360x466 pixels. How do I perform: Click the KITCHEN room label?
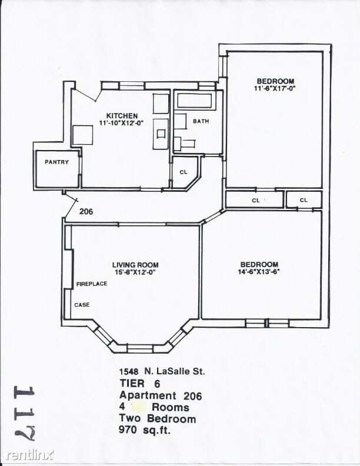(x=122, y=115)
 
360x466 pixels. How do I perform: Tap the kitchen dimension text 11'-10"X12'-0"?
(x=122, y=122)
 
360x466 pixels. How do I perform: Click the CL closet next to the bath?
(x=183, y=172)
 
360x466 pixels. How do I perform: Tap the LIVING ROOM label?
(x=135, y=265)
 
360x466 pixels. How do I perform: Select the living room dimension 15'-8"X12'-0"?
(x=135, y=272)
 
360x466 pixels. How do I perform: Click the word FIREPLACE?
(x=92, y=284)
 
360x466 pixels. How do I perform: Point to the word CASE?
(x=82, y=305)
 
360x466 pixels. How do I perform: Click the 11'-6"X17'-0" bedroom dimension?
(x=275, y=88)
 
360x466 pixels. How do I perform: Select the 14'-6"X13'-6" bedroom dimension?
(x=259, y=272)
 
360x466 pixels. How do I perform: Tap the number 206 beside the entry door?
(x=86, y=211)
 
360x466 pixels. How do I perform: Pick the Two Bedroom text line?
(x=157, y=418)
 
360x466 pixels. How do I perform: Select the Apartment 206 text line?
(x=161, y=395)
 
